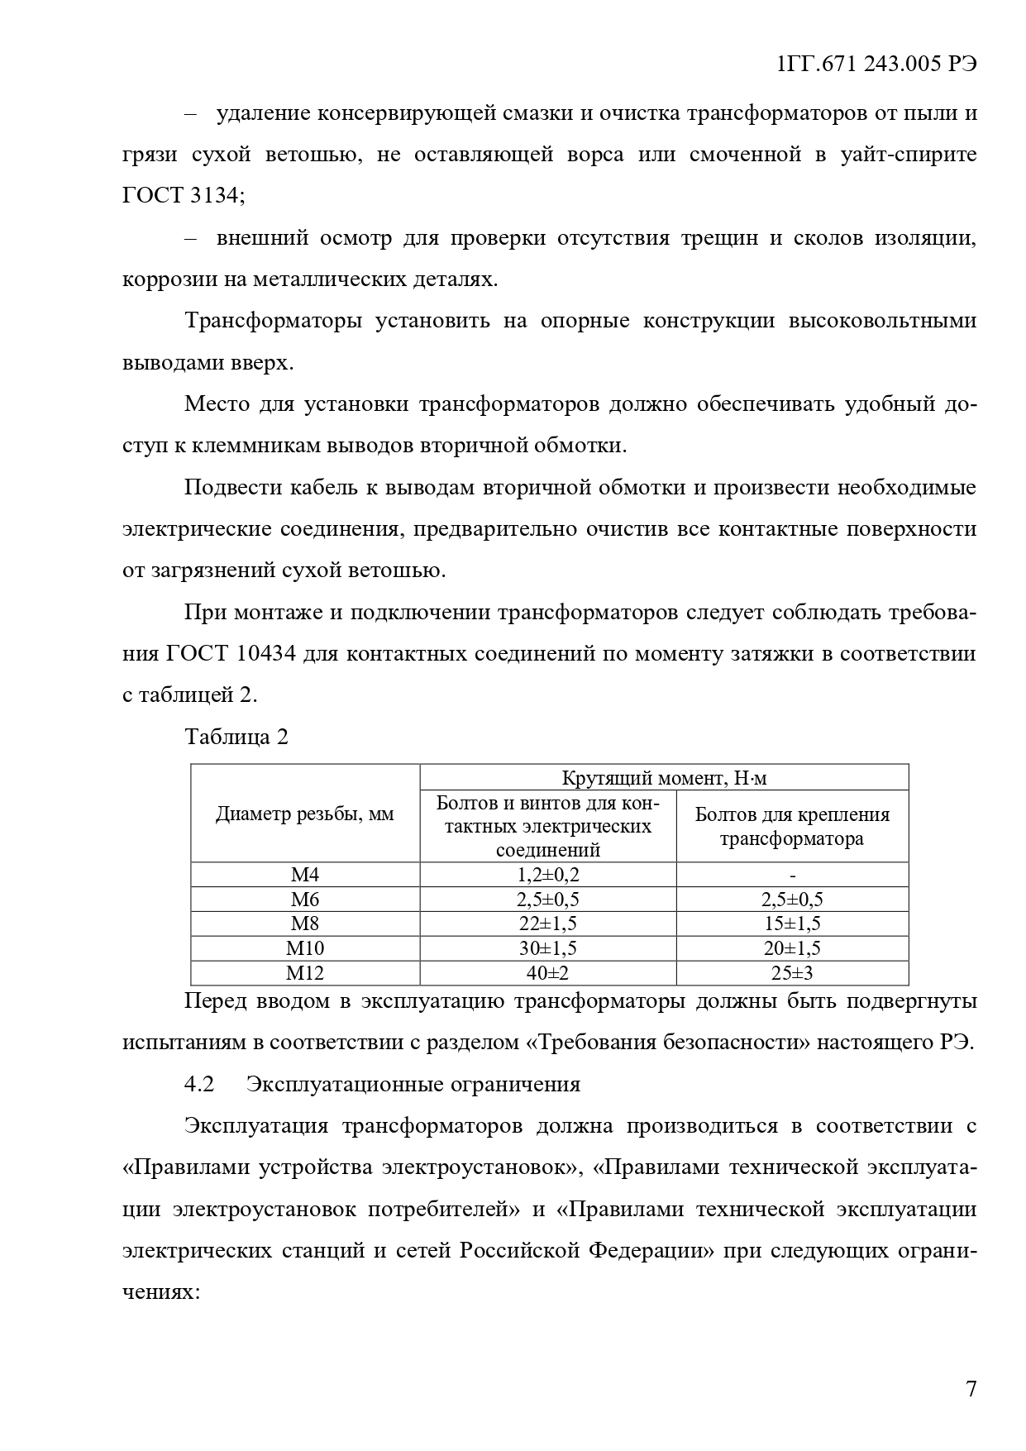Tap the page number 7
click(971, 1388)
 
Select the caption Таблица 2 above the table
click(236, 737)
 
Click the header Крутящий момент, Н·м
click(664, 778)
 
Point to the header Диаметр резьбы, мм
click(305, 814)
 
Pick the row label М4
click(305, 875)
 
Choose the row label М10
click(305, 948)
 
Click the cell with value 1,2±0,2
click(548, 875)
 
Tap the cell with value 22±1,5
click(548, 924)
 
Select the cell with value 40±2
click(548, 973)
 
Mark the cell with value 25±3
click(792, 973)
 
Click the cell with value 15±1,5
click(792, 924)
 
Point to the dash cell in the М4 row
click(792, 875)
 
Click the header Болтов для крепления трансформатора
click(792, 826)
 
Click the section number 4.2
click(199, 1084)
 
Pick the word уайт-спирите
click(909, 155)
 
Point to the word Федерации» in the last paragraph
click(651, 1250)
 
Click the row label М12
click(305, 973)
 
